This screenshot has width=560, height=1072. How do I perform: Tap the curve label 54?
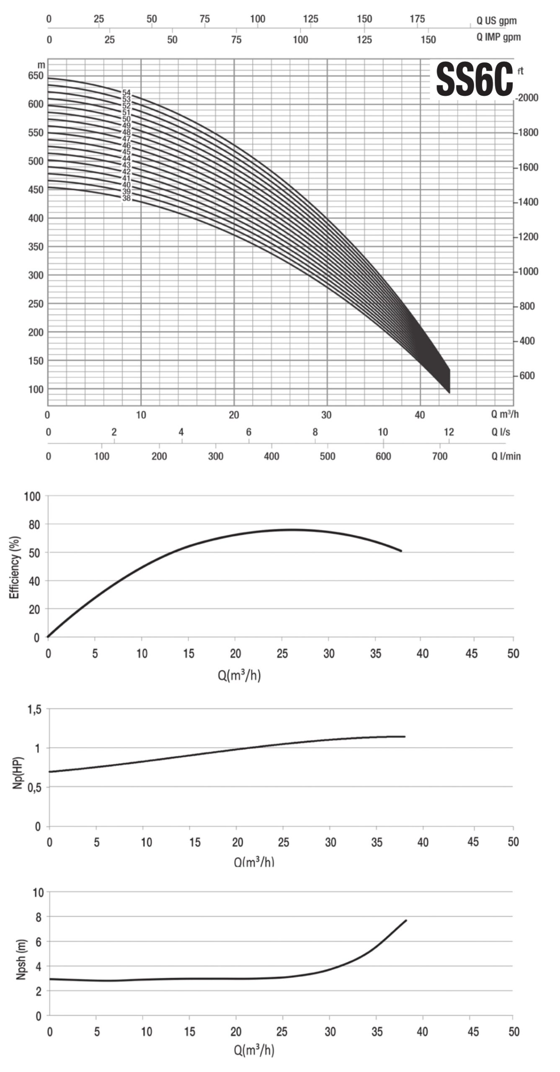click(x=126, y=93)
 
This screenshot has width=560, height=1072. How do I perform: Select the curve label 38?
click(x=126, y=198)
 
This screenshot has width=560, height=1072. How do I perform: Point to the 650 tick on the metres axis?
click(x=36, y=76)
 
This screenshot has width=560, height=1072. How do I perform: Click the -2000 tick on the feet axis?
click(x=527, y=98)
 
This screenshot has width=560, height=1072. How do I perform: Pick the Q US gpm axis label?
click(x=496, y=21)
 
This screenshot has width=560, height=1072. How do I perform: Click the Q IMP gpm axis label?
click(x=498, y=37)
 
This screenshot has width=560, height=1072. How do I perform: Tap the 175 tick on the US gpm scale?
click(x=417, y=19)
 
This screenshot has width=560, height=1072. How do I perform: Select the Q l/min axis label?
click(x=506, y=456)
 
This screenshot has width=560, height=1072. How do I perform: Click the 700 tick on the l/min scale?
click(x=440, y=456)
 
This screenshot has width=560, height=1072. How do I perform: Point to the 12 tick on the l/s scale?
click(x=449, y=432)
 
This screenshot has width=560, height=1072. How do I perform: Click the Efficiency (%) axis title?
click(x=15, y=567)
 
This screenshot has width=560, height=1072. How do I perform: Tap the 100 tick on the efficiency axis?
click(x=33, y=497)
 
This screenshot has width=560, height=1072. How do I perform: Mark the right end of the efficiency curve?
click(x=401, y=551)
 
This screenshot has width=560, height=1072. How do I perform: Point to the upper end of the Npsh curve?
click(x=406, y=921)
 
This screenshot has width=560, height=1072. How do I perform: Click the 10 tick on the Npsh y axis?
click(x=38, y=893)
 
